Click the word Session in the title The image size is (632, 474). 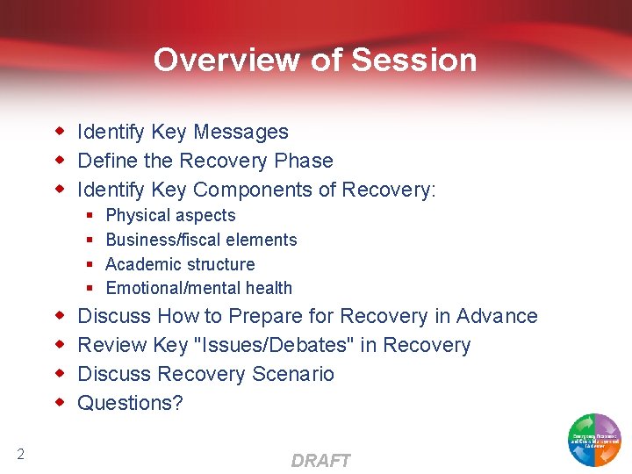pos(414,60)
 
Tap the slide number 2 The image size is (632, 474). pos(20,454)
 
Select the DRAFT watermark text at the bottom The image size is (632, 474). pos(320,461)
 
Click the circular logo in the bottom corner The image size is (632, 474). pos(594,439)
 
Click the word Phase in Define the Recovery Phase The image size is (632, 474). pos(304,161)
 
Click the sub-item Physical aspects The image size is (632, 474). pos(170,215)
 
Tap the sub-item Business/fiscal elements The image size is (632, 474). pos(201,240)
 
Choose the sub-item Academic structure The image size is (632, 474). pos(180,264)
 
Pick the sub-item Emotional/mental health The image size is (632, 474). pos(198,288)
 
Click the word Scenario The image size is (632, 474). pos(293,374)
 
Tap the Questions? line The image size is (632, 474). pos(130,403)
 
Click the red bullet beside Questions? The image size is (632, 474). pos(61,403)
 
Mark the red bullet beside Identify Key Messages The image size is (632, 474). pos(61,132)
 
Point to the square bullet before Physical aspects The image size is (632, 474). pos(90,216)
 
